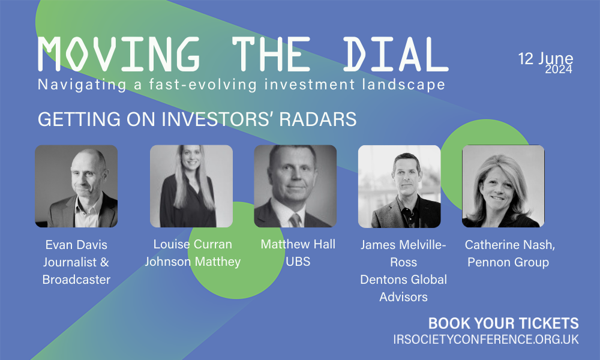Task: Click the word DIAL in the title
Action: [x=395, y=55]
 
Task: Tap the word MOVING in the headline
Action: [x=119, y=55]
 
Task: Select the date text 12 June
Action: [x=545, y=59]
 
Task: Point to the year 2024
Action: [x=559, y=69]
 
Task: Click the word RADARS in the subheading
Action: [x=318, y=119]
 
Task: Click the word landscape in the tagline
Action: [x=404, y=85]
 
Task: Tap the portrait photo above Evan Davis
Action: [x=77, y=187]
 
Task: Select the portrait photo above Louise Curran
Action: [x=191, y=187]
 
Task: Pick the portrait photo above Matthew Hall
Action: [x=295, y=187]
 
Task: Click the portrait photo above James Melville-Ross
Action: [x=400, y=187]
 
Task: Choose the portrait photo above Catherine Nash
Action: [x=503, y=187]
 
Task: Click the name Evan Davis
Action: [x=76, y=244]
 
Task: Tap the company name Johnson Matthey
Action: [x=193, y=262]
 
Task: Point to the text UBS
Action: [x=298, y=261]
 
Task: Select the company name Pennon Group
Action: [x=508, y=262]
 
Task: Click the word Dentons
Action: [x=383, y=279]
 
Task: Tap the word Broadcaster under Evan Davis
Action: [x=76, y=279]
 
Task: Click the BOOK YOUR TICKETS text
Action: [x=503, y=323]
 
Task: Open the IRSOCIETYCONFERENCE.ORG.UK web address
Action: [x=486, y=340]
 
